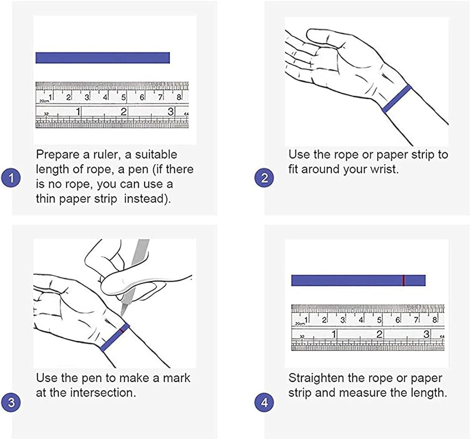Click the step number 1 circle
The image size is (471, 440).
11,178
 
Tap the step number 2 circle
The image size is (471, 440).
264,178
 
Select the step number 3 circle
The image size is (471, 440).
11,402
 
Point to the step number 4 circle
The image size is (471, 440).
264,402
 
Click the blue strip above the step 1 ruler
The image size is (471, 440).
103,57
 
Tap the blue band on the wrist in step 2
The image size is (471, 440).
397,98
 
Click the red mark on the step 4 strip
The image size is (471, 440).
404,280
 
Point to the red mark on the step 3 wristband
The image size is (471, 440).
122,330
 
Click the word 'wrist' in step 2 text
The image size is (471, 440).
384,169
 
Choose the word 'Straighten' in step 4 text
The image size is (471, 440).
317,378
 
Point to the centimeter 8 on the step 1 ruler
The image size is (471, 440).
179,97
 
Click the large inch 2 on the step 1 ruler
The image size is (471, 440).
123,112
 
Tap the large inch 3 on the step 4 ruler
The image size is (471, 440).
426,334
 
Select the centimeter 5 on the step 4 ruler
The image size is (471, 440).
379,320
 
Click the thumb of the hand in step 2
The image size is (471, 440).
320,38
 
